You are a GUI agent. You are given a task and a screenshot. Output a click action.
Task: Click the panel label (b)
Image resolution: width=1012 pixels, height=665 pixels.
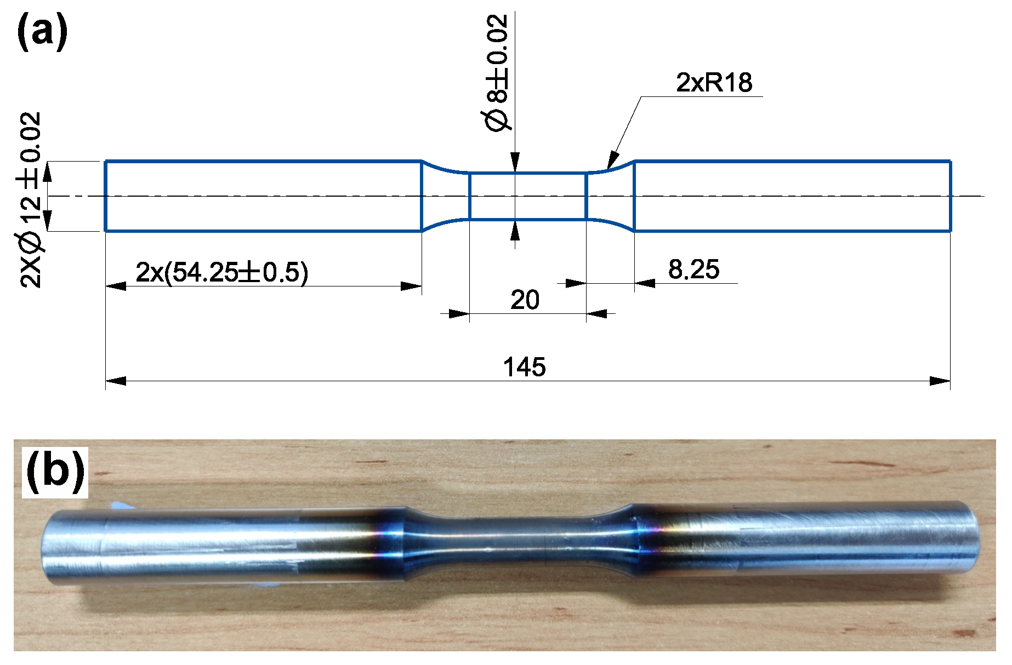coord(55,471)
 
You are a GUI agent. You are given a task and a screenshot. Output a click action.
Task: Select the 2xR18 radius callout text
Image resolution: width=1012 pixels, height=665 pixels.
coord(713,83)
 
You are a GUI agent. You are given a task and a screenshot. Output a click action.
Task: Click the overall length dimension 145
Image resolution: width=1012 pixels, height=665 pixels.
coord(524,367)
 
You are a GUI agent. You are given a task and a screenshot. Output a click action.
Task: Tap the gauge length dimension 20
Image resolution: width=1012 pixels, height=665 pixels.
coord(525,300)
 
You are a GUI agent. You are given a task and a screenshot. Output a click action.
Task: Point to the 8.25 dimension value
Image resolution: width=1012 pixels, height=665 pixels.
coord(693,270)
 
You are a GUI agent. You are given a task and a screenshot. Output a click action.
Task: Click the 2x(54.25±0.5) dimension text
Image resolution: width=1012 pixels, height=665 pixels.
coord(221,272)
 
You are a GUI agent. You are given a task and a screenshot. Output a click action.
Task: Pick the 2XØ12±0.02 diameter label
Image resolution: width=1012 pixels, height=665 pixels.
coord(31,199)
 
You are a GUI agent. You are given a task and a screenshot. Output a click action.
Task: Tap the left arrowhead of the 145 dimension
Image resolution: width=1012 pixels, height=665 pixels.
coord(116,381)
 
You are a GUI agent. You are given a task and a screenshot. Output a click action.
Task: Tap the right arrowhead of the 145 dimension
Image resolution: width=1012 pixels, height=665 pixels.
coord(940,381)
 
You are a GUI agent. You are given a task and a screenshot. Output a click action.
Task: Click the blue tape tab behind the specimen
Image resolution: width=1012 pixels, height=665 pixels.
coord(118,505)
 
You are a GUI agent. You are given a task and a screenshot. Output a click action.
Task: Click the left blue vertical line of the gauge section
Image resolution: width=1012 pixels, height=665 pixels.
coord(470,196)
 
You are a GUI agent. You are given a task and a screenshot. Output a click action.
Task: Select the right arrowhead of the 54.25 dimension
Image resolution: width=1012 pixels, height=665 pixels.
coord(411,286)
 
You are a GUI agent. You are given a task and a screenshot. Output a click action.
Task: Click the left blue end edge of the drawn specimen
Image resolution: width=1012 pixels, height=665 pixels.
coord(105,196)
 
